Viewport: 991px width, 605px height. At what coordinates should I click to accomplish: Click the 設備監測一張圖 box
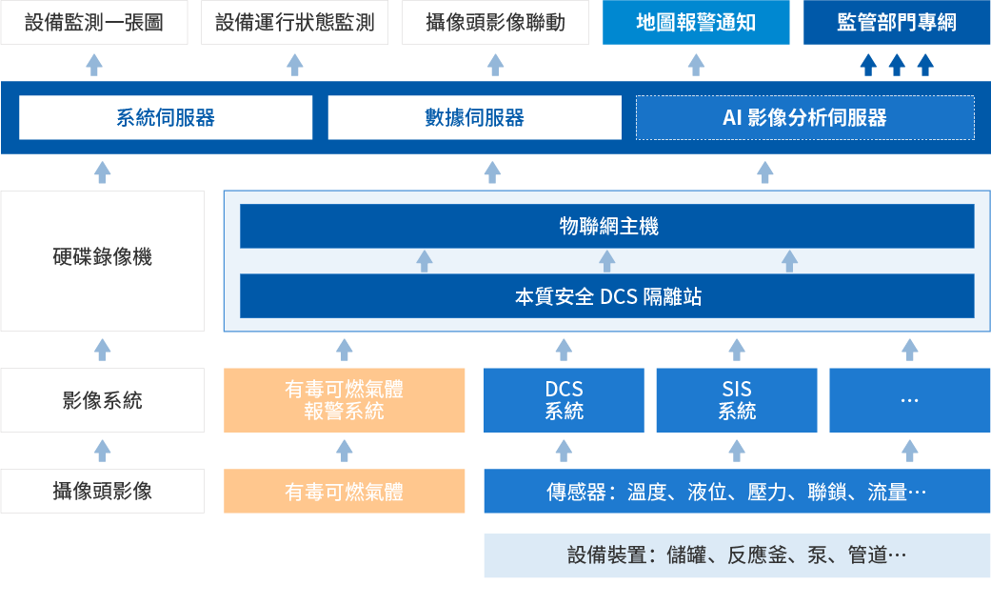pos(93,23)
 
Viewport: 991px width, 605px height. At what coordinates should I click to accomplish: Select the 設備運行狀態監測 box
pos(295,23)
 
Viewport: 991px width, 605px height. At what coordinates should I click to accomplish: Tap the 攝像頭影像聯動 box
pos(495,23)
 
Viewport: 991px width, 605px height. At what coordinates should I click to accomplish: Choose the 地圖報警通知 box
pos(696,23)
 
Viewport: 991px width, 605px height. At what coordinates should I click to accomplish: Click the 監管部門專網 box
pos(897,23)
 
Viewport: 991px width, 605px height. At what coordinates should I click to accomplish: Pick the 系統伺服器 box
pos(166,118)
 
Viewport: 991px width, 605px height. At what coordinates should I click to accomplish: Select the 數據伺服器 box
pos(474,118)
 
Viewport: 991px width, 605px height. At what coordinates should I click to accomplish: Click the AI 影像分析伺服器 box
pos(804,118)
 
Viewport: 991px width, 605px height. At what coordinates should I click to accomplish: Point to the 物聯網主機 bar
pos(607,226)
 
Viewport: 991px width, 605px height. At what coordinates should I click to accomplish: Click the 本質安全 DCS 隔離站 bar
pos(607,296)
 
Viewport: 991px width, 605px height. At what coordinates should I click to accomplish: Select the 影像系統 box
pos(103,400)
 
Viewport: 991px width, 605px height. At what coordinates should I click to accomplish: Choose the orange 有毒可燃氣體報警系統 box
pos(345,400)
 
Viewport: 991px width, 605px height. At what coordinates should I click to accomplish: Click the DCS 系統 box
pos(565,400)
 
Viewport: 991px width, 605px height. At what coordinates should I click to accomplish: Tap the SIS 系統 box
pos(737,400)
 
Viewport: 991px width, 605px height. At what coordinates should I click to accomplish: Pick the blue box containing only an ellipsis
pos(909,400)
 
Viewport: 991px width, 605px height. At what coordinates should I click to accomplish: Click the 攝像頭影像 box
pos(103,492)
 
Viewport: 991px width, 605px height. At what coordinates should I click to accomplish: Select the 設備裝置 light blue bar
pos(737,555)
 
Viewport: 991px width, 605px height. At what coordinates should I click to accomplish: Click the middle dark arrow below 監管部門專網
pos(896,65)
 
